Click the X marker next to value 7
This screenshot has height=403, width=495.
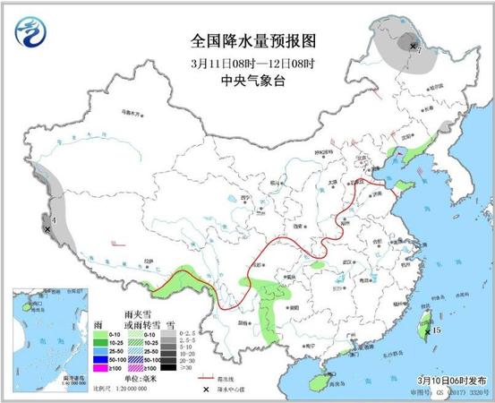click(412, 46)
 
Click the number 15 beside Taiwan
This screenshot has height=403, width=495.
click(436, 330)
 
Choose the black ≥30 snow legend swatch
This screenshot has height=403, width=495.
click(175, 366)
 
